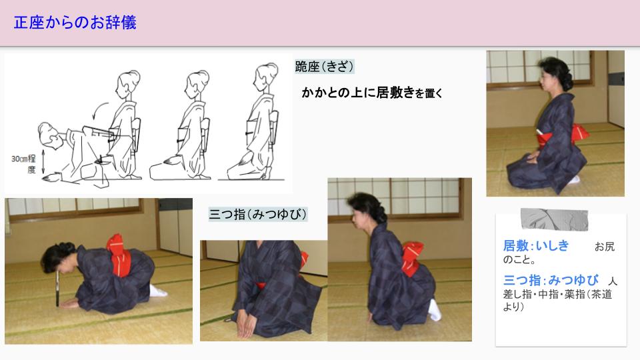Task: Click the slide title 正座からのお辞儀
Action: pyautogui.click(x=75, y=23)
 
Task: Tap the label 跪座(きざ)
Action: pyautogui.click(x=324, y=67)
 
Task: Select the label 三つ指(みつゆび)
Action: pyautogui.click(x=257, y=214)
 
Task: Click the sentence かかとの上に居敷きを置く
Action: pyautogui.click(x=372, y=93)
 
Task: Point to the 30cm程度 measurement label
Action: pyautogui.click(x=24, y=164)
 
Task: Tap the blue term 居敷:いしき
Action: pyautogui.click(x=536, y=246)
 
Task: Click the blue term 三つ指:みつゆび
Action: pyautogui.click(x=551, y=280)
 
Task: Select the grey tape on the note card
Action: pyautogui.click(x=554, y=219)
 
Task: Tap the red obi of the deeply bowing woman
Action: pyautogui.click(x=119, y=254)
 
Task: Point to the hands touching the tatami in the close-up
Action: pyautogui.click(x=246, y=326)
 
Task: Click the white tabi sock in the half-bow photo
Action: pyautogui.click(x=435, y=310)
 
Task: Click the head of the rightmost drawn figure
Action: pyautogui.click(x=266, y=77)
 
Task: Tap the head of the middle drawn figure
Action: pyautogui.click(x=197, y=84)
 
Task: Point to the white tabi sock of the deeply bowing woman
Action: pyautogui.click(x=157, y=291)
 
